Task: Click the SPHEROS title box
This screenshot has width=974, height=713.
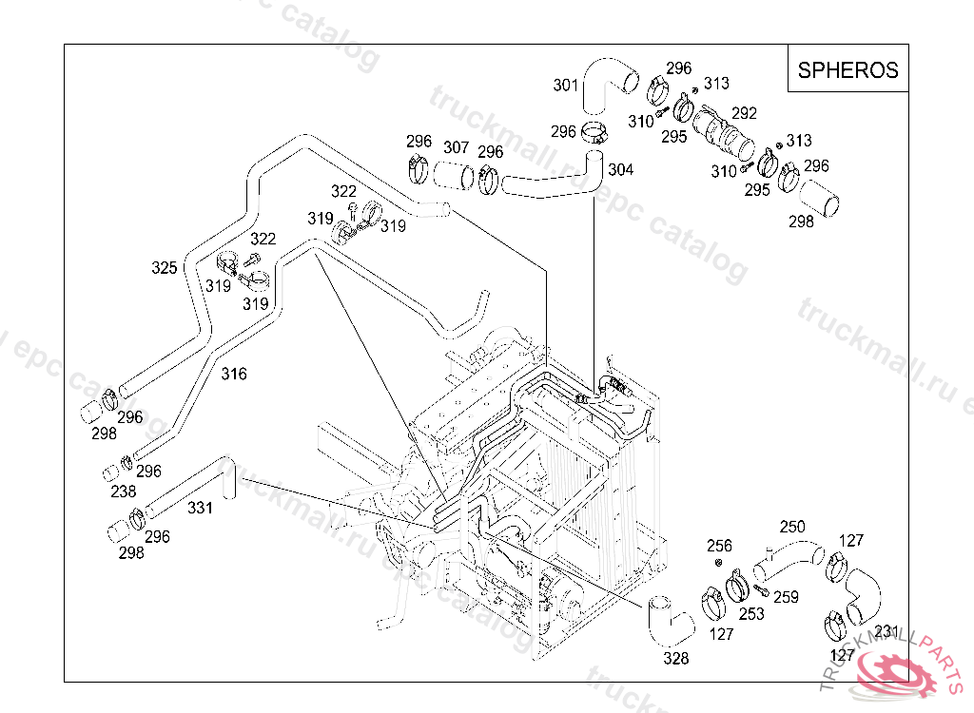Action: [x=847, y=69]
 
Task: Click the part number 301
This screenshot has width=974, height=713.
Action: [x=566, y=86]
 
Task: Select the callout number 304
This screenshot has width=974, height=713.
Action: [x=620, y=170]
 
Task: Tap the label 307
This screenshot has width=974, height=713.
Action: [x=457, y=148]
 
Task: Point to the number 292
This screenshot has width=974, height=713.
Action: [x=744, y=113]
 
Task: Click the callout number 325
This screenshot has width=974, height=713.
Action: [x=165, y=268]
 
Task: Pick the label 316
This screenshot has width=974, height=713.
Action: [x=234, y=374]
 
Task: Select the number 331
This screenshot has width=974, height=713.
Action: [x=200, y=508]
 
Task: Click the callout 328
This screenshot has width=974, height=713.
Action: [x=676, y=658]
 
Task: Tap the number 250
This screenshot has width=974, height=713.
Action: [x=792, y=527]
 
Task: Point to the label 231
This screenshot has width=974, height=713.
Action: [x=886, y=631]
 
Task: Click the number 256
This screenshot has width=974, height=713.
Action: [x=720, y=546]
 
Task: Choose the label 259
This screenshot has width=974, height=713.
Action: [x=786, y=597]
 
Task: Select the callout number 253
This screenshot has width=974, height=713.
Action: [x=751, y=614]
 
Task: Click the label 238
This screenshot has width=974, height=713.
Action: [x=124, y=491]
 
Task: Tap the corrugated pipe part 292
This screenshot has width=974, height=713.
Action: [x=723, y=134]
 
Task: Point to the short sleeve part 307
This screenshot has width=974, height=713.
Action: [x=455, y=176]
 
